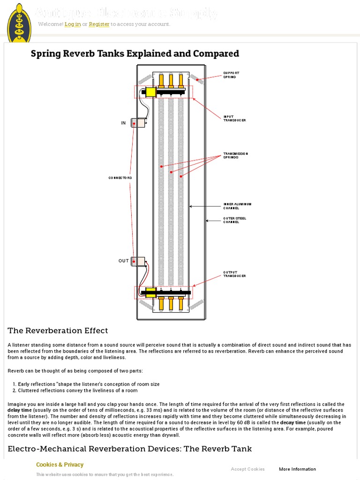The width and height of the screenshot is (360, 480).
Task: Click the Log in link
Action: [x=73, y=24]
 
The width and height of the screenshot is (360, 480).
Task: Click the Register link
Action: [x=99, y=24]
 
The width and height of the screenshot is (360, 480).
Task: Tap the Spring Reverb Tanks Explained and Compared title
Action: [x=135, y=53]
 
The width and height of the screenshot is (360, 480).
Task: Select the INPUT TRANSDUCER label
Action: [x=234, y=119]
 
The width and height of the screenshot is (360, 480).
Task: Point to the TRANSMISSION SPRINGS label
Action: [x=235, y=156]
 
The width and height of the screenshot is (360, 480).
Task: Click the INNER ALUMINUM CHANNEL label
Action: [x=237, y=206]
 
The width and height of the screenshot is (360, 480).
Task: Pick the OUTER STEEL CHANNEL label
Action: [x=234, y=220]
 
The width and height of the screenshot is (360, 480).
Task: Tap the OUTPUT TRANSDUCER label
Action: [x=234, y=274]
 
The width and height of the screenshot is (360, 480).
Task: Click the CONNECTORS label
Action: [x=120, y=178]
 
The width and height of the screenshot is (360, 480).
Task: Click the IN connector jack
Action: [x=137, y=123]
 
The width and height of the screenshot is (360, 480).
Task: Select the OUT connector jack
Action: [x=138, y=261]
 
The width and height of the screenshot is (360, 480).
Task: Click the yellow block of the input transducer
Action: [x=150, y=92]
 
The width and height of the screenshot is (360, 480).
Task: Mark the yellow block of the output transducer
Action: [x=150, y=292]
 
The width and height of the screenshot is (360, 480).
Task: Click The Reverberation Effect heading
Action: [x=58, y=331]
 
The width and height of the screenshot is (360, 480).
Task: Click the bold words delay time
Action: [x=20, y=410]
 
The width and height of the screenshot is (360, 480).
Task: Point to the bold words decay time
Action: [x=294, y=422]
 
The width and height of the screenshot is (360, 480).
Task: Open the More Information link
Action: [x=297, y=469]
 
